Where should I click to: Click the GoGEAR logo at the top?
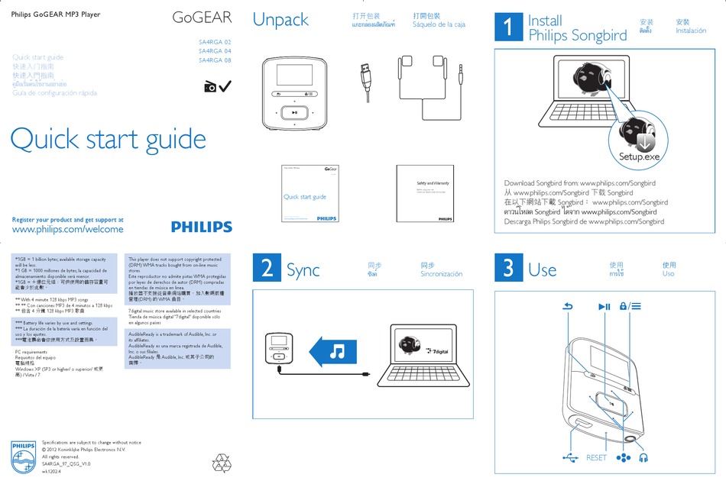point(202,17)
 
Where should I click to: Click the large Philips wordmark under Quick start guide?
point(202,227)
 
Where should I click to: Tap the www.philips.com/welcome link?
point(68,229)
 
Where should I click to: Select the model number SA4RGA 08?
point(215,60)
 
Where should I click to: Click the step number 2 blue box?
point(266,268)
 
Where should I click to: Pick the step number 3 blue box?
point(507,268)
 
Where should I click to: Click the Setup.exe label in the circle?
point(639,156)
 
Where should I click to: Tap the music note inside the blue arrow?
point(337,352)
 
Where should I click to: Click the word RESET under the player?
point(596,457)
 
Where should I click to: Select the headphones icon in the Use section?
point(643,457)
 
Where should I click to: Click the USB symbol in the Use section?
point(570,457)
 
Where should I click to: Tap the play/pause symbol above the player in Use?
point(604,307)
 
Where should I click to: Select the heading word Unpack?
point(280,21)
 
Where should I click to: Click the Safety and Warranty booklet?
point(433,195)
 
